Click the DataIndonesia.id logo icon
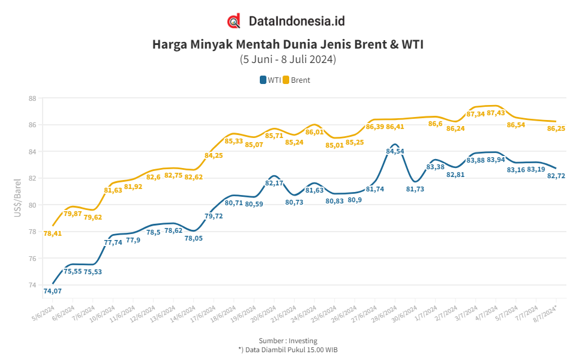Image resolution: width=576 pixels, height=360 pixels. (234, 21)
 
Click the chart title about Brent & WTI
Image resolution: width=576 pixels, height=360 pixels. (288, 44)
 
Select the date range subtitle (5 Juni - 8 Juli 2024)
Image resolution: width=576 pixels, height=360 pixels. (288, 59)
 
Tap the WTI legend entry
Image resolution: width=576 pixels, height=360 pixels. (271, 80)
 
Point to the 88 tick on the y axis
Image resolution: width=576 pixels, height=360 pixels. (32, 98)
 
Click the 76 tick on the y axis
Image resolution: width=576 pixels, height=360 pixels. (32, 259)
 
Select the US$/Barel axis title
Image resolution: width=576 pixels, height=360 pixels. (17, 197)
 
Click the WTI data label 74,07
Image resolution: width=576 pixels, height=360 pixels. (53, 291)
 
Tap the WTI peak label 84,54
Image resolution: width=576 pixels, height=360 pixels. (395, 151)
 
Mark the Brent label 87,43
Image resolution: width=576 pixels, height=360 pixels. (496, 113)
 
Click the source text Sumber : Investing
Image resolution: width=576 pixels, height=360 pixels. (288, 341)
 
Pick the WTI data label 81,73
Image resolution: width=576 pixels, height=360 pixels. (415, 189)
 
